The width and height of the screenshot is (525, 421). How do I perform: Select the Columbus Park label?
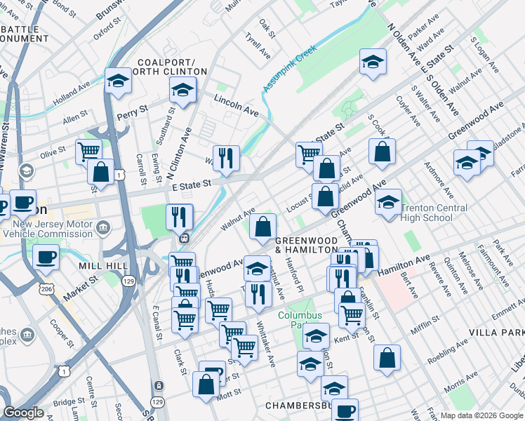coord(300,321)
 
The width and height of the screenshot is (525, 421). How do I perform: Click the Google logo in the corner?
coord(24,413)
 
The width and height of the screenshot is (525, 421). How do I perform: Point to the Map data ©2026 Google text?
coord(481,415)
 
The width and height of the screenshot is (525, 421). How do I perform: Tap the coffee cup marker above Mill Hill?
coord(46,257)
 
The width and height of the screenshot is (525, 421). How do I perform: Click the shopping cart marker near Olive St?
coord(88,151)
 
